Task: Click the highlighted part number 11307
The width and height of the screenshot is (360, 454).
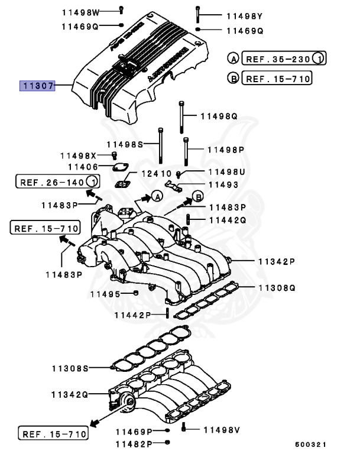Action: [37, 86]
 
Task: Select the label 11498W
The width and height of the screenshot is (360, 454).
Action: [80, 11]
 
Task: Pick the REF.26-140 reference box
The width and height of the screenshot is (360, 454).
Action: [57, 181]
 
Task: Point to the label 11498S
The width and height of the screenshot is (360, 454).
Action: [125, 144]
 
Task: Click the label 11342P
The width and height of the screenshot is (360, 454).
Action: [276, 261]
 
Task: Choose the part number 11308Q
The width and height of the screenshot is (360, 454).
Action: [276, 288]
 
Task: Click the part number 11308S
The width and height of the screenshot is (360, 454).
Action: [70, 368]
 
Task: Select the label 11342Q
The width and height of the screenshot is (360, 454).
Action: [69, 394]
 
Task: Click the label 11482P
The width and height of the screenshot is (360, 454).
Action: [134, 443]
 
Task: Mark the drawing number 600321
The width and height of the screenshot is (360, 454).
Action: [310, 444]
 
